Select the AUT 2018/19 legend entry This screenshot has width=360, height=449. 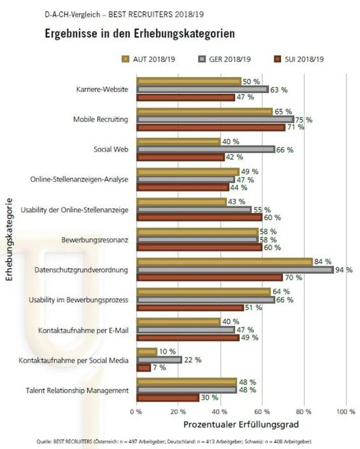pos(145,59)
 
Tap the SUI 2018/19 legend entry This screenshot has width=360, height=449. pos(299,59)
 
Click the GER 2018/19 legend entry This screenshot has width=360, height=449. pos(222,59)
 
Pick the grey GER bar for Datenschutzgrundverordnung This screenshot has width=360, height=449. pos(235,270)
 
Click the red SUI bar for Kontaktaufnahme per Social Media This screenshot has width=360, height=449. pos(144,368)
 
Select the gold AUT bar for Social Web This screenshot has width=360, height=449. pos(179,142)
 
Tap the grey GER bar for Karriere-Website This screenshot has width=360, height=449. pos(203,90)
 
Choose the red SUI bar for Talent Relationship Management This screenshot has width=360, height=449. pos(168,398)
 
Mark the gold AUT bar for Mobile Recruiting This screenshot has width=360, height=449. pos(205,112)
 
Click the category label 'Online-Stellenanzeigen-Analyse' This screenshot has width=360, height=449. pos(79,180)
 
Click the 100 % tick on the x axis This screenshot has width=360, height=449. pos(345,412)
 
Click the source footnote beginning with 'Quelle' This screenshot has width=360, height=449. pos(175,441)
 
